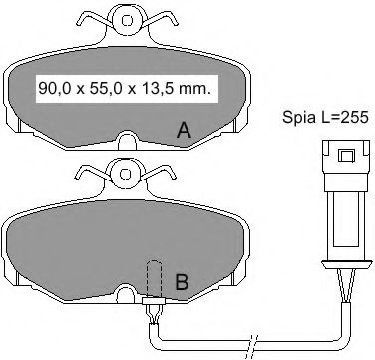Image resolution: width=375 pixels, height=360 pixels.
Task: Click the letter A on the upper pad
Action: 184,130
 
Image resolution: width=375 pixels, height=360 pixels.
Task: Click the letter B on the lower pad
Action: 182,282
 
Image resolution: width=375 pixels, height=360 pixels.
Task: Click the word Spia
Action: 299,118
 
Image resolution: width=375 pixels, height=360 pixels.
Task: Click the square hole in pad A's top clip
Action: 127,21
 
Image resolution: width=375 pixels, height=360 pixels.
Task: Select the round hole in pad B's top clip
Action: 126,174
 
